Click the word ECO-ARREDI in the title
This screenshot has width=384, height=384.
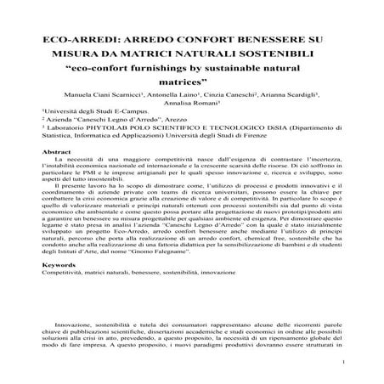click(78, 39)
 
